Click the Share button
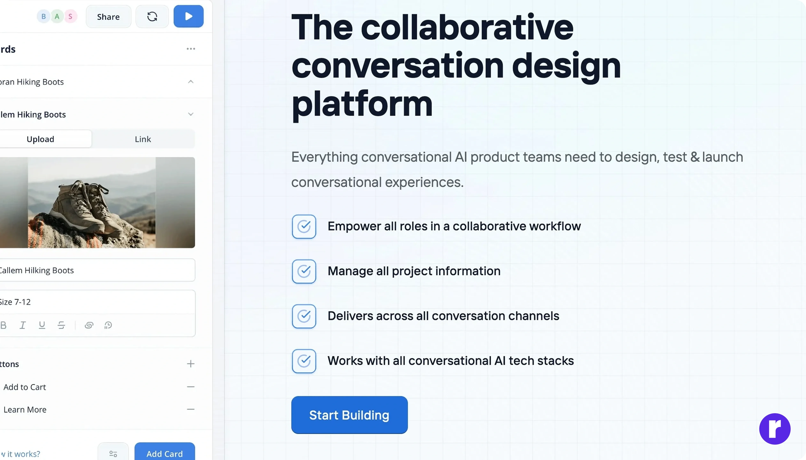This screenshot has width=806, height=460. click(108, 16)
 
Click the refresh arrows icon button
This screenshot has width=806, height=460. click(152, 16)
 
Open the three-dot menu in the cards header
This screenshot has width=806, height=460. click(191, 49)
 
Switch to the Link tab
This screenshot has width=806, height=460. click(143, 139)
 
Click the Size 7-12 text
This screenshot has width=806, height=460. click(15, 302)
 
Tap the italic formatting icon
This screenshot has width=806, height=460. click(22, 325)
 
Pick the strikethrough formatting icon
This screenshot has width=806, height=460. click(61, 325)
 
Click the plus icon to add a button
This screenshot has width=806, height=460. click(191, 364)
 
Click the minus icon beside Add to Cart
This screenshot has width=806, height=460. click(191, 387)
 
